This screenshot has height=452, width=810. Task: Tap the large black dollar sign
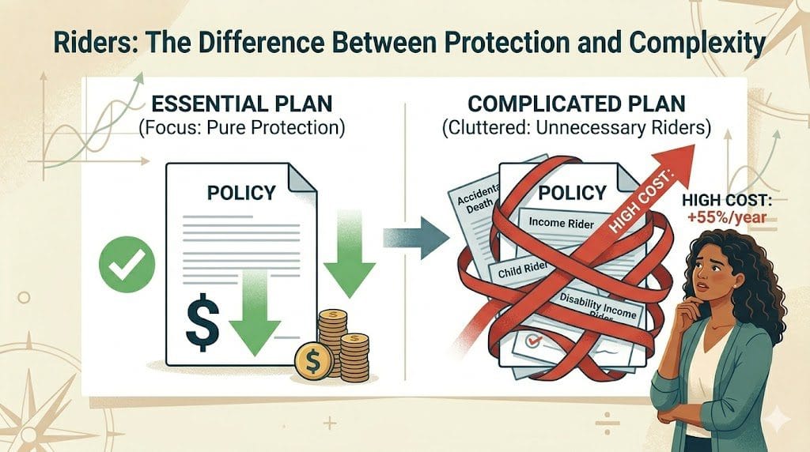[x=201, y=323]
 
